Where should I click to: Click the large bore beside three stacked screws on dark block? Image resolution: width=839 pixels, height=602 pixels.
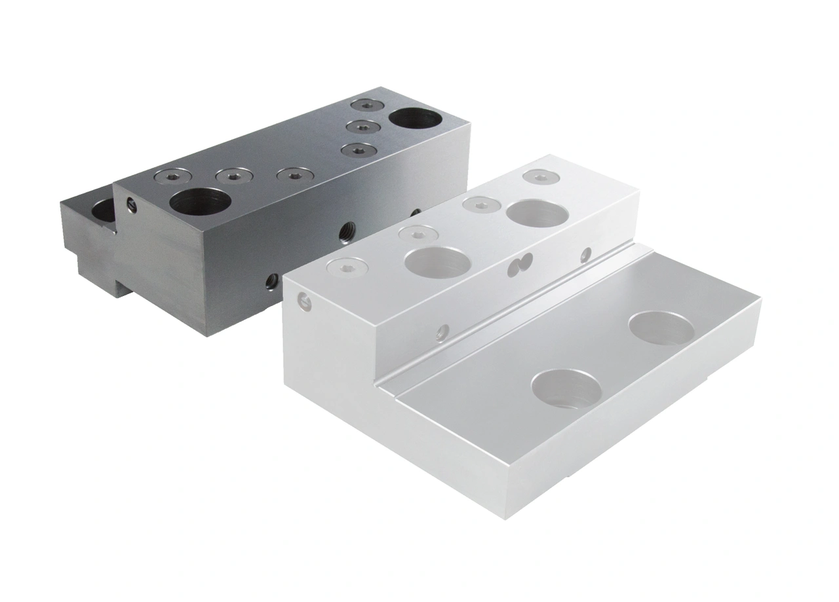[x=416, y=121]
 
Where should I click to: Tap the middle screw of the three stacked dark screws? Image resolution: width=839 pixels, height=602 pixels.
[x=362, y=126]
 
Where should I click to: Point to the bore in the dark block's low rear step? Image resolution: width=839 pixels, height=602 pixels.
[x=102, y=210]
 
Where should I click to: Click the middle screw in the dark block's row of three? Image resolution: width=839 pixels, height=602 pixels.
[x=234, y=176]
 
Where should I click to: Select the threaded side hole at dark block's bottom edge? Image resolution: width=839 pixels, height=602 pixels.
[x=269, y=282]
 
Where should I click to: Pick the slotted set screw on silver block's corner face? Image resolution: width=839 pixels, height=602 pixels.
[x=303, y=300]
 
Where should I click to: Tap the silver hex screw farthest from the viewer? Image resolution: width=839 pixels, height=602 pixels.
[x=539, y=176]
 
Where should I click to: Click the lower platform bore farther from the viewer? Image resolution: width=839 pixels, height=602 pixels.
[x=662, y=328]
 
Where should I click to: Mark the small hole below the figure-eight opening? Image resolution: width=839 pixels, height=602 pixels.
[x=443, y=333]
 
